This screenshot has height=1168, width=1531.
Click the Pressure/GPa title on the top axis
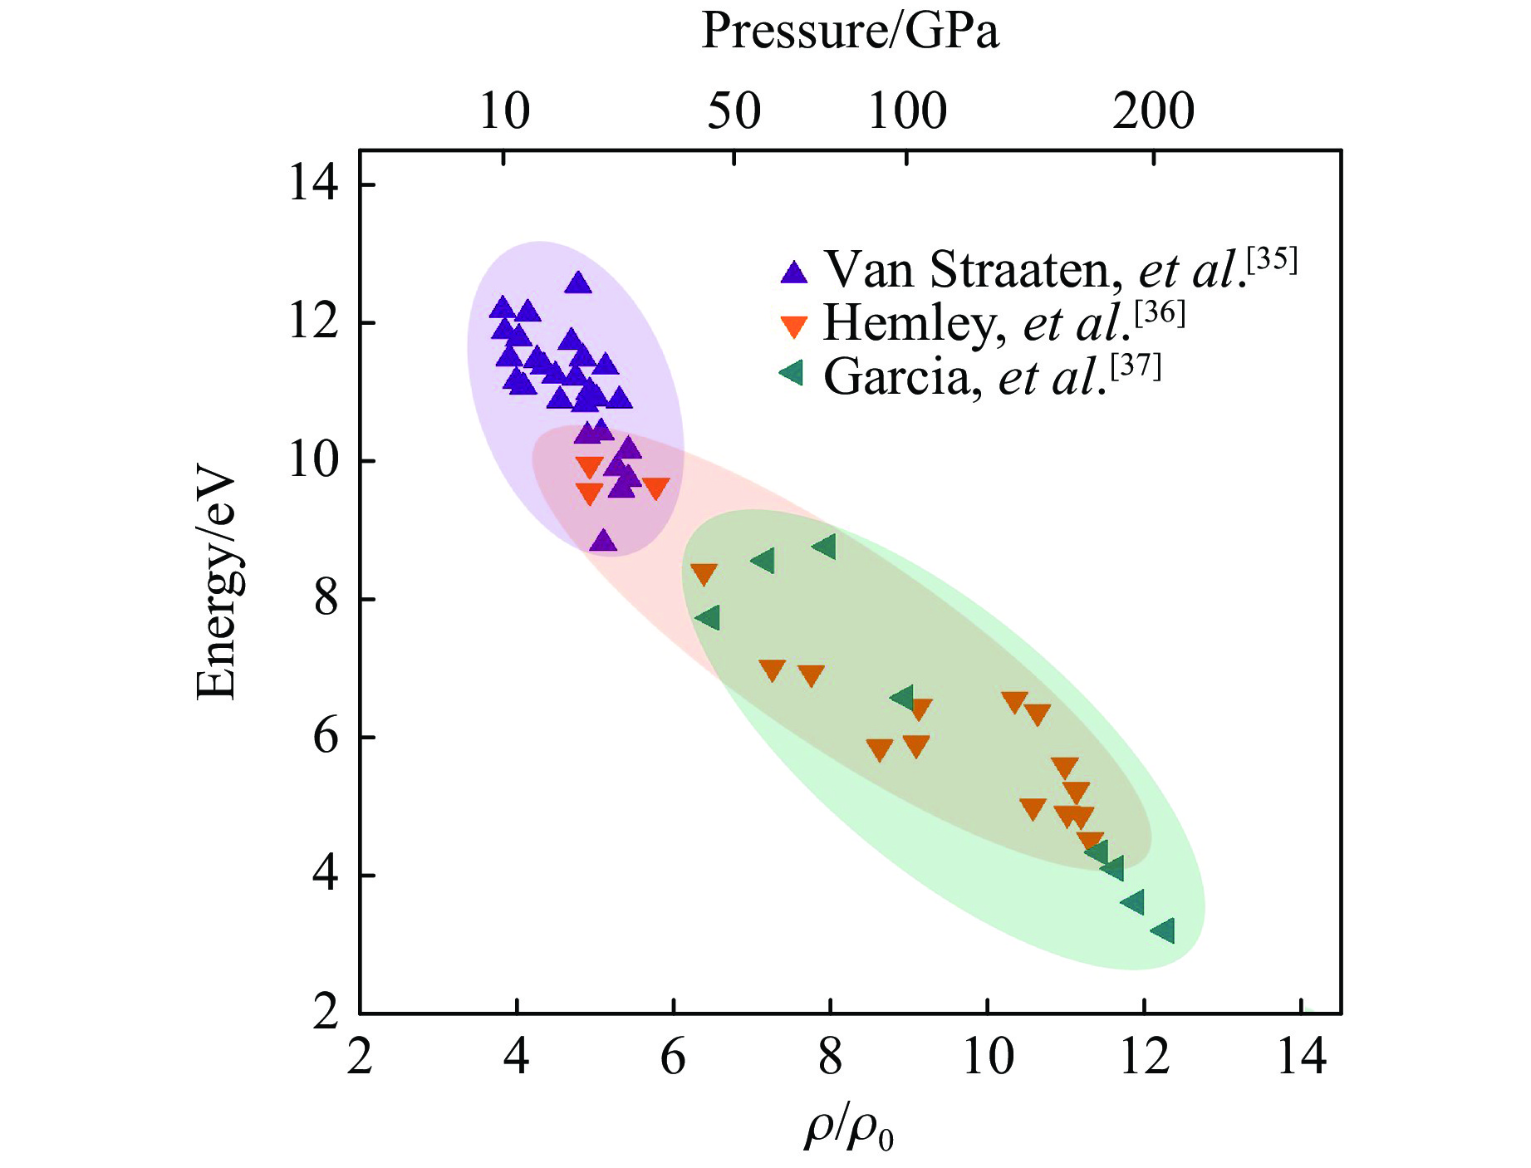pos(850,32)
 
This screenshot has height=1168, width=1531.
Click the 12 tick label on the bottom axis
pos(1145,1058)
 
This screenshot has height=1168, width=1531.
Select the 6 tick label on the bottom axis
pos(673,1058)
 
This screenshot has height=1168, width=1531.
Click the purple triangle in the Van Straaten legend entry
pos(794,272)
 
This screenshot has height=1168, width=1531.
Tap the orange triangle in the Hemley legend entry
pos(794,326)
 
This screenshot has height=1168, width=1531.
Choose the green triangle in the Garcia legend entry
pos(792,373)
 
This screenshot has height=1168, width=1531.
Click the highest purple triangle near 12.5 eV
pos(578,283)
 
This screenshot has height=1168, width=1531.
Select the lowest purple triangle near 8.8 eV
pos(603,542)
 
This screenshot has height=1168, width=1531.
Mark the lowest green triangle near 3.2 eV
pos(1164,930)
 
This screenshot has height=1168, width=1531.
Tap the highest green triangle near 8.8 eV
pos(825,546)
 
